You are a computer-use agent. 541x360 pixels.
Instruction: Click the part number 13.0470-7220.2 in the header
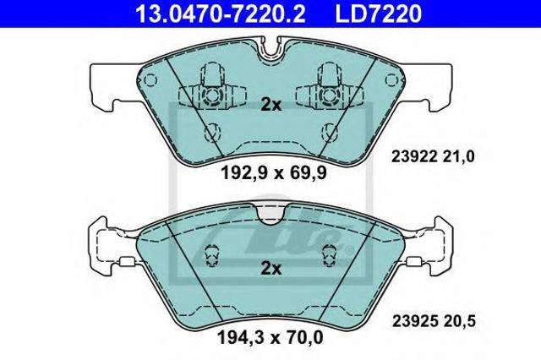pyautogui.click(x=220, y=14)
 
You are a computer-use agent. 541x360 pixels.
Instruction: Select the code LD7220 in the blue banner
pyautogui.click(x=378, y=14)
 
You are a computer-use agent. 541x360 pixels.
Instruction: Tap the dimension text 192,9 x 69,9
pyautogui.click(x=273, y=173)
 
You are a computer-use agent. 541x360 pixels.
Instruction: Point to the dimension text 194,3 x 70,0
pyautogui.click(x=270, y=337)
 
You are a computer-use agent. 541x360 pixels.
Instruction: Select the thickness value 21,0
pyautogui.click(x=457, y=157)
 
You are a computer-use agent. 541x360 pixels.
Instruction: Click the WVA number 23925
pyautogui.click(x=413, y=321)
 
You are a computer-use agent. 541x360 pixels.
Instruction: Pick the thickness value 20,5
pyautogui.click(x=458, y=322)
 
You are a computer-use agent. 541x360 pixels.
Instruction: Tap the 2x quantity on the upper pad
pyautogui.click(x=270, y=105)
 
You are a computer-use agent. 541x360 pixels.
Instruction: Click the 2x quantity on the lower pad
pyautogui.click(x=270, y=269)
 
